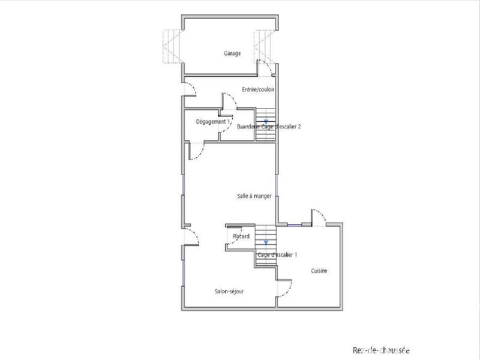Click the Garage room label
232,53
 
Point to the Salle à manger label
254,196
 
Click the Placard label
241,236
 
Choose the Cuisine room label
319,271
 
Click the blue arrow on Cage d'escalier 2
266,122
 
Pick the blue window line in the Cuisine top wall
294,225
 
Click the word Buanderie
248,127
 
